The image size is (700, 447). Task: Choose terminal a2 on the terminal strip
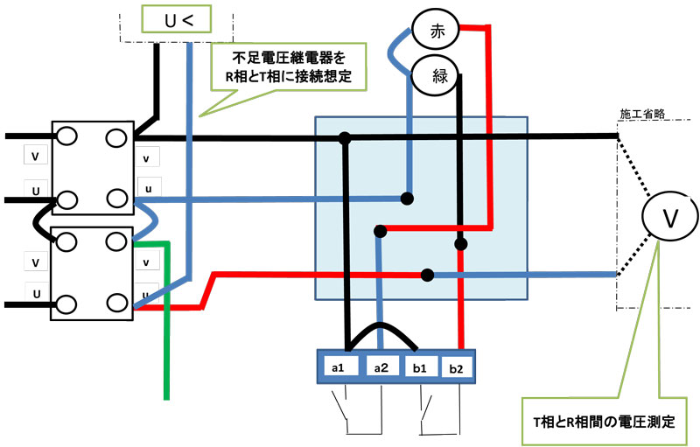coord(382,367)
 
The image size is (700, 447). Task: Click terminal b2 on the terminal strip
coord(457,367)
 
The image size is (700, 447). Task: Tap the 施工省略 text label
coord(642,115)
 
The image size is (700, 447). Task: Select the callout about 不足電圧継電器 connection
coord(289,67)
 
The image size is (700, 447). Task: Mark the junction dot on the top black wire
coord(346,137)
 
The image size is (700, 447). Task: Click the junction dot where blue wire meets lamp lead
coord(407,198)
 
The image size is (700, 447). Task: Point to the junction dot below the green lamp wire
coord(461,243)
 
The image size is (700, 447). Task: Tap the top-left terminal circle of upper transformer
coord(66,137)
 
